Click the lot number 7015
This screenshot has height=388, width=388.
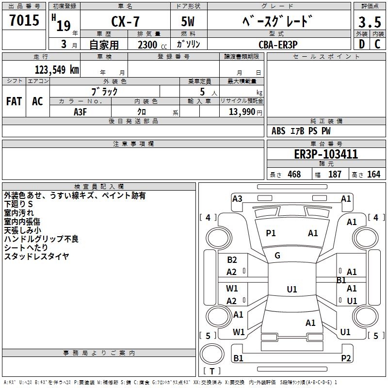24,20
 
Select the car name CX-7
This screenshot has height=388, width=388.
124,22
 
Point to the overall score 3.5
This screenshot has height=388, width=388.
369,22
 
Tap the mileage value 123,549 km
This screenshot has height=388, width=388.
56,69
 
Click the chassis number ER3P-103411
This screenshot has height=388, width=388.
326,154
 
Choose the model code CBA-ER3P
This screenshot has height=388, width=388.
278,44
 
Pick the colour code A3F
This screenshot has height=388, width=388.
81,111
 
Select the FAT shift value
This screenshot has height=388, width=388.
14,101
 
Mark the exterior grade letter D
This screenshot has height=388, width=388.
361,44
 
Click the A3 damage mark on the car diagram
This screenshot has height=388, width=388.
237,198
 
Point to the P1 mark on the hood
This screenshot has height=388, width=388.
271,233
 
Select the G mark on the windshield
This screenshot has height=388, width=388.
277,255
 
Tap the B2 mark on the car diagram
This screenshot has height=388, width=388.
232,260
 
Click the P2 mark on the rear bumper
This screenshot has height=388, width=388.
346,358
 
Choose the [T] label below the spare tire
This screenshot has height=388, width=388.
211,372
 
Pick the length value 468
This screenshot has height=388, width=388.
294,174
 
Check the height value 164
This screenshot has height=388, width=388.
373,174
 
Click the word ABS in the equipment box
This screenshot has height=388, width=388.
278,131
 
